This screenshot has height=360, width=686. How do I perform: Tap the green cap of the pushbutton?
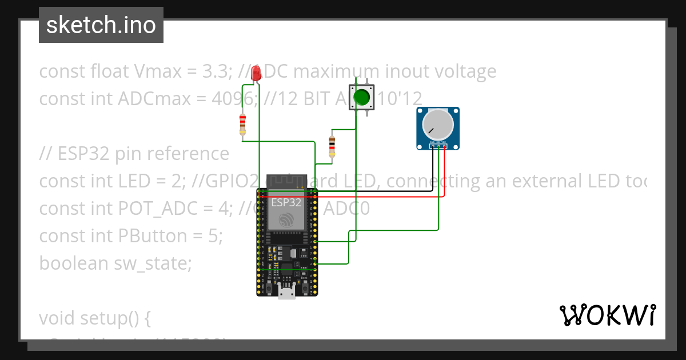click(x=362, y=98)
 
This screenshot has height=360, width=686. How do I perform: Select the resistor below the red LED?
click(x=243, y=125)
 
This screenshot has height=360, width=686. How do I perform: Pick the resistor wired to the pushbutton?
click(x=331, y=145)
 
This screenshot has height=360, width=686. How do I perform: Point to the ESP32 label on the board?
click(x=285, y=202)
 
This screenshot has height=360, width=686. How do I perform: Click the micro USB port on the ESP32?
click(x=286, y=293)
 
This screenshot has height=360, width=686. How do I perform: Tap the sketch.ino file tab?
click(x=101, y=25)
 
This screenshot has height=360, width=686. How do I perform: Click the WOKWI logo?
click(x=607, y=315)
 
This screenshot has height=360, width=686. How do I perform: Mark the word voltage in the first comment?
click(x=463, y=72)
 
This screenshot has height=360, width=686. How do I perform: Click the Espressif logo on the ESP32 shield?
click(x=285, y=219)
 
